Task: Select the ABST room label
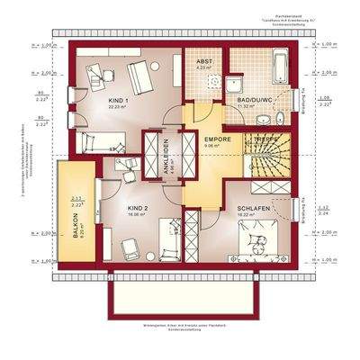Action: pyautogui.click(x=203, y=60)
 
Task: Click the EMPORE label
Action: pyautogui.click(x=217, y=140)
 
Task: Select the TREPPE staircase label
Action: pyautogui.click(x=266, y=140)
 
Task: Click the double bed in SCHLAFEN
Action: pyautogui.click(x=262, y=240)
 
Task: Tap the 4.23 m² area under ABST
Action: pyautogui.click(x=203, y=67)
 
